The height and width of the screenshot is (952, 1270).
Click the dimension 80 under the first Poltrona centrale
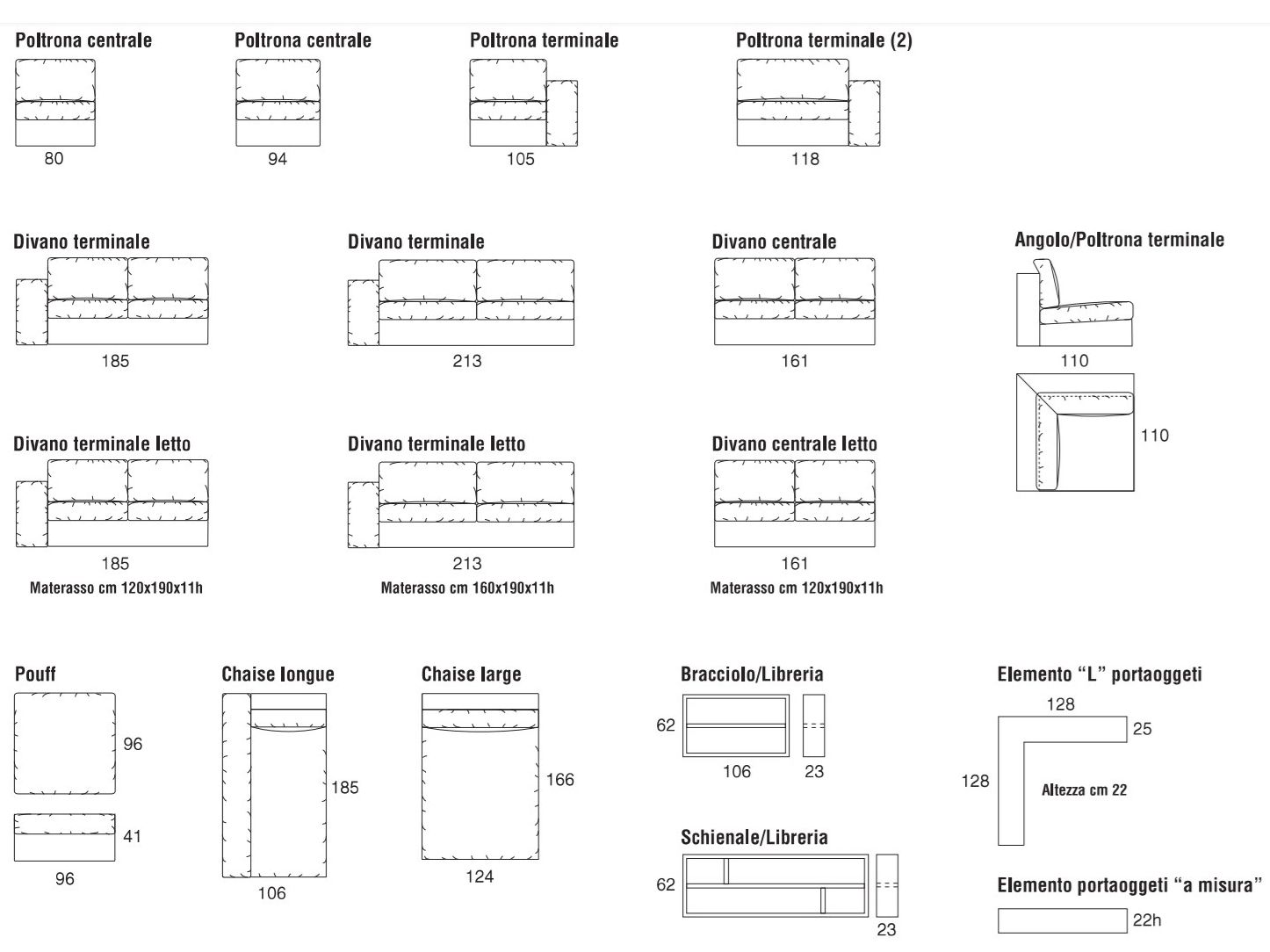(54, 159)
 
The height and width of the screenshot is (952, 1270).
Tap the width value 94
(278, 159)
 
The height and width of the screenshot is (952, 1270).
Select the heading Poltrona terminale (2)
(824, 40)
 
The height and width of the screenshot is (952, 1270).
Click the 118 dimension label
(805, 159)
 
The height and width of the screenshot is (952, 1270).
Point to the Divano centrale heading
(774, 242)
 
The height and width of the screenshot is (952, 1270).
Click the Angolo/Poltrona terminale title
(1119, 240)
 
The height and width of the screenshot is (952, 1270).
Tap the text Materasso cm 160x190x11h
(467, 588)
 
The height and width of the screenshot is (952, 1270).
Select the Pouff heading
(35, 674)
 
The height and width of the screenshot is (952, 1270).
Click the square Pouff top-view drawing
(65, 743)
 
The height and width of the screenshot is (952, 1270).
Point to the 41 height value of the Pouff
(132, 836)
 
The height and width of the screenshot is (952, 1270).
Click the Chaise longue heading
(278, 674)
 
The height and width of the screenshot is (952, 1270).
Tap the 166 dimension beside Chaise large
(559, 780)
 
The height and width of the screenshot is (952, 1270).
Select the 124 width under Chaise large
(480, 876)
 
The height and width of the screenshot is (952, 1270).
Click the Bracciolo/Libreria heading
(752, 674)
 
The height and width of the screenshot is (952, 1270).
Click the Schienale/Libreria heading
(754, 838)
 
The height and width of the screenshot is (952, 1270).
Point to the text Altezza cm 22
(1084, 790)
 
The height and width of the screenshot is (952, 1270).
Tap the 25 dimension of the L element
(1143, 729)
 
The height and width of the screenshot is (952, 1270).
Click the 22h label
(1147, 920)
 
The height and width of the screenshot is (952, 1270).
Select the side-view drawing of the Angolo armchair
(1075, 311)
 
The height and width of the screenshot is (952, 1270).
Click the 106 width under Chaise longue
(272, 893)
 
